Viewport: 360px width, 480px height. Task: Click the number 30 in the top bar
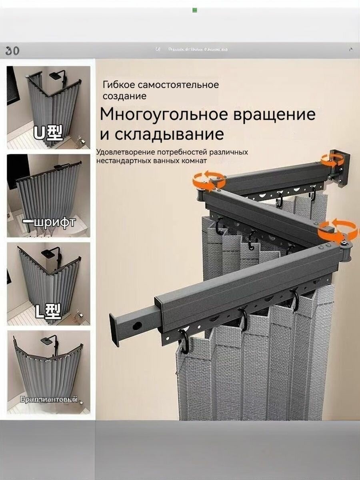pos(12,51)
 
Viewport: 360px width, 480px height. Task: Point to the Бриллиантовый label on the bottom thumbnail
pos(48,399)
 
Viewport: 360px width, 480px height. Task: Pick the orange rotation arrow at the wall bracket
pos(332,160)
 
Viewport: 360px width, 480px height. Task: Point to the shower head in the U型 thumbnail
pos(59,75)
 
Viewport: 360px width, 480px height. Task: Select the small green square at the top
pos(195,10)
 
